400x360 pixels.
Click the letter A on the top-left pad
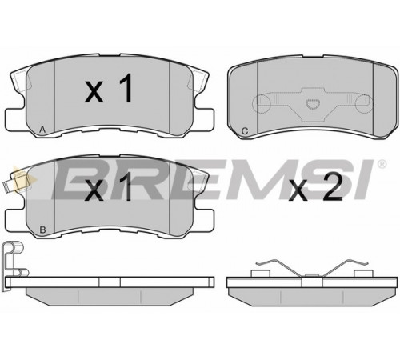tap(42, 130)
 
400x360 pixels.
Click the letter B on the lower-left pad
tap(42, 230)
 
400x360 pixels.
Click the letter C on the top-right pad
tap(245, 131)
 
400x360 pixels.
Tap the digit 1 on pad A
tap(126, 88)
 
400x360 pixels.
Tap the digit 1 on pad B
tap(126, 186)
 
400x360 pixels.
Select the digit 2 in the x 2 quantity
tap(333, 186)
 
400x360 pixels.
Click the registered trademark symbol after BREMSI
tap(382, 164)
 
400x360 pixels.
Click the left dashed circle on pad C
tap(262, 103)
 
